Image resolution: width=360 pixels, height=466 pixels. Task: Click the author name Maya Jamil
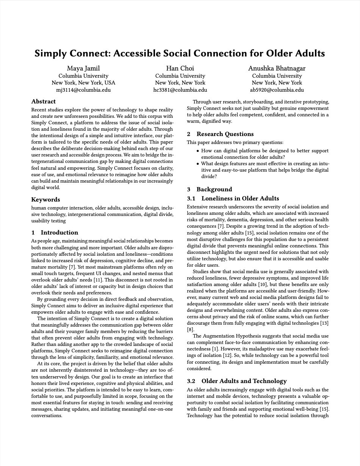coord(83,68)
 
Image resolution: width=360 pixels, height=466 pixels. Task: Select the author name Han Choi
coord(180,68)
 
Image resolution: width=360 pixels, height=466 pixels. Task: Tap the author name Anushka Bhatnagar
coord(277,68)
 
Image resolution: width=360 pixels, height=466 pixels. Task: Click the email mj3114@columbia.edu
coord(83,90)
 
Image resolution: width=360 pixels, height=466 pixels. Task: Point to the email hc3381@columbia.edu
coord(180,90)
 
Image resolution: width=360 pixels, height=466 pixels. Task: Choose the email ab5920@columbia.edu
coord(277,90)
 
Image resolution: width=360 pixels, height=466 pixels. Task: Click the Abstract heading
coord(43,102)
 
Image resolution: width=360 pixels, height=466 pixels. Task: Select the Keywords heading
coord(45,200)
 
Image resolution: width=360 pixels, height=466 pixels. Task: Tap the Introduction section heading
coord(59,233)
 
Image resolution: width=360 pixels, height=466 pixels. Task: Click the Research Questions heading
coord(225,134)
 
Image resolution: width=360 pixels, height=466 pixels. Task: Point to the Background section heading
coord(214,189)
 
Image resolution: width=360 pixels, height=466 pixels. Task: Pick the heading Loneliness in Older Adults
coord(240,199)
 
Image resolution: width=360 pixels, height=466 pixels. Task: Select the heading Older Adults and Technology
coord(244,381)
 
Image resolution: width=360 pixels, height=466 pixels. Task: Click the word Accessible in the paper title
coord(136,53)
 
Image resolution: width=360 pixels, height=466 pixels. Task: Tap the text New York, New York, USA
coord(83,83)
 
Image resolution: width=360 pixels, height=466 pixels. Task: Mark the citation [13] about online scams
coord(325,323)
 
